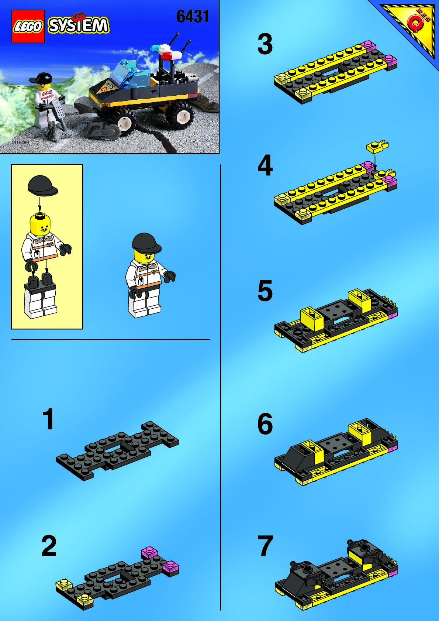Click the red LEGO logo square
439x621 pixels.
28,26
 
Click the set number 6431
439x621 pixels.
193,17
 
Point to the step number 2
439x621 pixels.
49,546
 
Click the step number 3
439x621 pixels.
265,44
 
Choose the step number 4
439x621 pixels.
265,165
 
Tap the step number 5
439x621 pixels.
265,291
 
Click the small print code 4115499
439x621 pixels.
20,143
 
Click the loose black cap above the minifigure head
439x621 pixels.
43,185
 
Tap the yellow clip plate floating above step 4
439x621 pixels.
377,147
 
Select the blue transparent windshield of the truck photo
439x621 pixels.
130,74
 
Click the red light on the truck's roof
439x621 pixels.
167,56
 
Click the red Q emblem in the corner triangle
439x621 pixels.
415,25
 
